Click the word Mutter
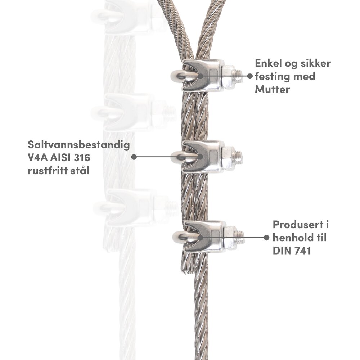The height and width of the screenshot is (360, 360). [x=273, y=90]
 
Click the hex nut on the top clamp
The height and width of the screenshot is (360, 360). [x=228, y=77]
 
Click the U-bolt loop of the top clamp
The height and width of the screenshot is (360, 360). [x=179, y=76]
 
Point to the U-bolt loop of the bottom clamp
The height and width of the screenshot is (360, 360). [x=181, y=237]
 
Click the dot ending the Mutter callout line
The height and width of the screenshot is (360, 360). [x=250, y=76]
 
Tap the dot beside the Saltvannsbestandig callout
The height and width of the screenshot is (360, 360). [x=134, y=157]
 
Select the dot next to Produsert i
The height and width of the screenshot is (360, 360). [x=266, y=238]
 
